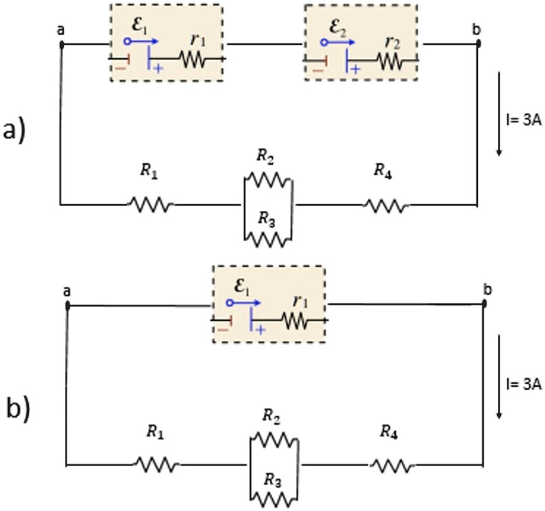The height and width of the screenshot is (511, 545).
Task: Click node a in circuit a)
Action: (61, 44)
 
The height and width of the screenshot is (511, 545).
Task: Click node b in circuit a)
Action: (478, 44)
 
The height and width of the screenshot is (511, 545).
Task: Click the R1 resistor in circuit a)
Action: (150, 205)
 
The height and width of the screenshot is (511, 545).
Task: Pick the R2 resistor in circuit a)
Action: (268, 179)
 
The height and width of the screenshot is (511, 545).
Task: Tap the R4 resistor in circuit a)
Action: (386, 205)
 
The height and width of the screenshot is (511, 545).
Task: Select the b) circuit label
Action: (18, 408)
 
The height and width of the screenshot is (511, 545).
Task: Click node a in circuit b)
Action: (68, 306)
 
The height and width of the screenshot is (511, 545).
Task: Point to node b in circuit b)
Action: (484, 304)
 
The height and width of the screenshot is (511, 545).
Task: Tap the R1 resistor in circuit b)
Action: (156, 465)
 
